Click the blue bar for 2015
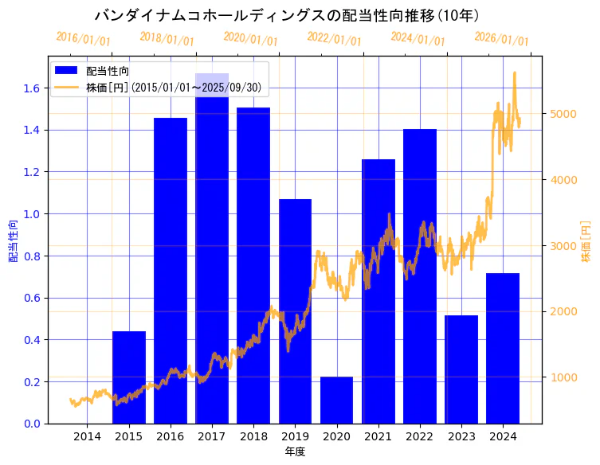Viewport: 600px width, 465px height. [x=129, y=377]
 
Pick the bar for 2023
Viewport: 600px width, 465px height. [x=461, y=369]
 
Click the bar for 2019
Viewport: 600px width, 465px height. [x=295, y=318]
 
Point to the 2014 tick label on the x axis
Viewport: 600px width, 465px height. [x=87, y=436]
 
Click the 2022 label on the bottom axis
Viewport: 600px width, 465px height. [x=420, y=436]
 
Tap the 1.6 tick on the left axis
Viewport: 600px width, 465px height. [x=33, y=88]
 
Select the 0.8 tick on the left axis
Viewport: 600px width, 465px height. [x=33, y=256]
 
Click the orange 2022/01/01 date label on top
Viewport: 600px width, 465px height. [x=334, y=38]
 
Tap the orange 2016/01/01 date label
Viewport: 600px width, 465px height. [x=83, y=38]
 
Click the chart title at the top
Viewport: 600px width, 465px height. [x=287, y=15]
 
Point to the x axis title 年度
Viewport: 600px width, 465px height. [x=295, y=451]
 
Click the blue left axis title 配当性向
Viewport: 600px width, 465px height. [x=14, y=241]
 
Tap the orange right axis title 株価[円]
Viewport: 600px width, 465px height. [x=586, y=241]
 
